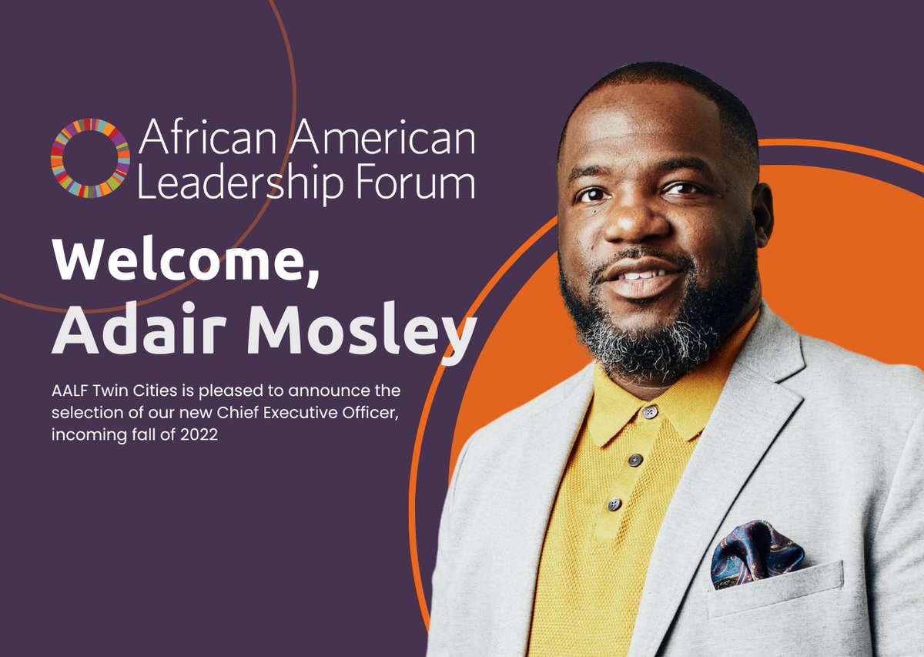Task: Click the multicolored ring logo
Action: [x=90, y=158]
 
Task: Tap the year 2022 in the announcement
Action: [x=206, y=435]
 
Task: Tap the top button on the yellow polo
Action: [x=651, y=413]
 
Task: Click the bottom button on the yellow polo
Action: [x=614, y=504]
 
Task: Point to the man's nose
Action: [x=629, y=220]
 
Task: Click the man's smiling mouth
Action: [x=644, y=278]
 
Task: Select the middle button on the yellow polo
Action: [x=634, y=460]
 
